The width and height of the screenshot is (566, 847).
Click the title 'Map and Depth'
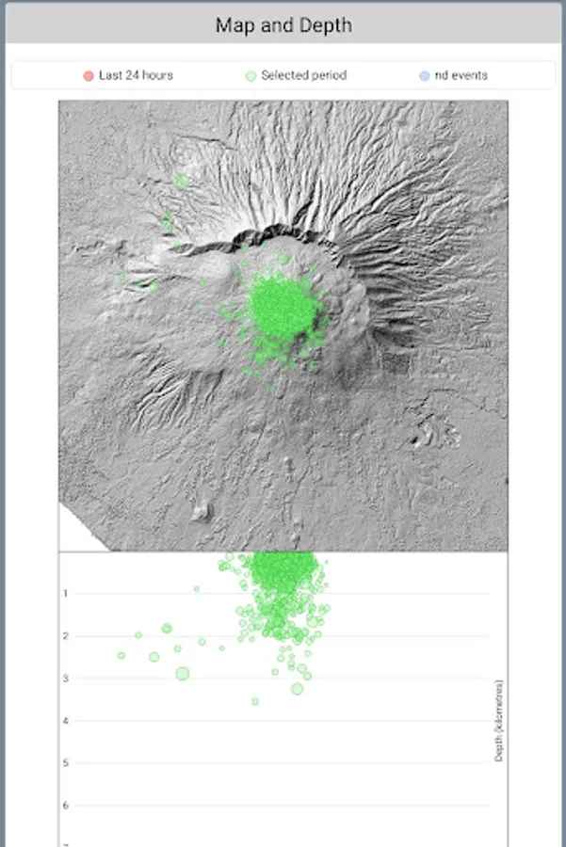pos(283,25)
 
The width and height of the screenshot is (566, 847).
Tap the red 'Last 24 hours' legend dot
pos(89,75)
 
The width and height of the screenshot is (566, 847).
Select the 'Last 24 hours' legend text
pos(136,75)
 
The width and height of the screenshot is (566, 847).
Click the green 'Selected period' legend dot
pos(251,75)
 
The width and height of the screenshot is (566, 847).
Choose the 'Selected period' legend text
pos(303,75)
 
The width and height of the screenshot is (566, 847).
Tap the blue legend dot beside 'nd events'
pos(425,75)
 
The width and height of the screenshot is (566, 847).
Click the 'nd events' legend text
pos(461,75)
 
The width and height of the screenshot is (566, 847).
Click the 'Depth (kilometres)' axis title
pos(498,720)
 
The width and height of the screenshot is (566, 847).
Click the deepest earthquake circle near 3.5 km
pos(255,701)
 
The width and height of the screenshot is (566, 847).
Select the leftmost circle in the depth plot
pos(121,655)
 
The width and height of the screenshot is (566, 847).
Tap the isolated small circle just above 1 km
pos(197,589)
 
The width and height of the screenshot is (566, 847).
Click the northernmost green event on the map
pos(183,181)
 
